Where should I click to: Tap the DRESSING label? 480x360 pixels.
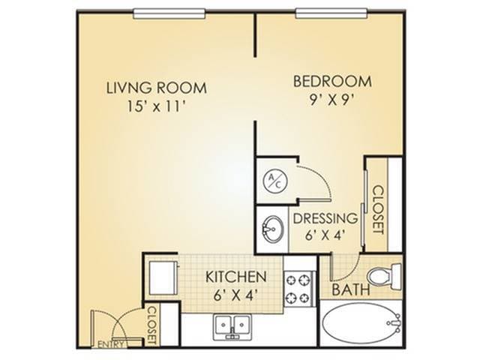point(325,219)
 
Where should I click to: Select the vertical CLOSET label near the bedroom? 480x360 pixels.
point(377,208)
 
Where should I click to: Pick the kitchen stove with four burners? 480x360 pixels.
point(297,289)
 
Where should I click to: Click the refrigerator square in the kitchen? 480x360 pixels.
point(161,276)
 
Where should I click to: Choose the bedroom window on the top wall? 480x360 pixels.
point(330,13)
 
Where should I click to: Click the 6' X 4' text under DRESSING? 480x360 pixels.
point(325,235)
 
